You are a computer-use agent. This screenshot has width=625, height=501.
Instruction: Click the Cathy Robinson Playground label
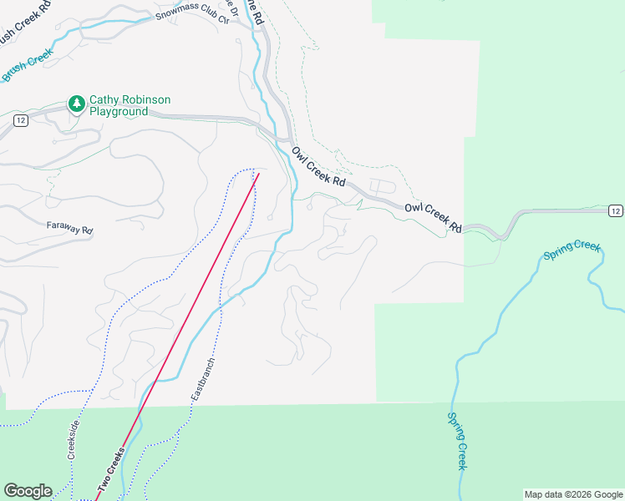tap(119, 104)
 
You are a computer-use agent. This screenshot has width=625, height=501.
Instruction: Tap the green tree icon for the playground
tap(77, 104)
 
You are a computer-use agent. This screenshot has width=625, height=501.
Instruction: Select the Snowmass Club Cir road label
tap(192, 16)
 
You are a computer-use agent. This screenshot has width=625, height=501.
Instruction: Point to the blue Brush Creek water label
tap(28, 64)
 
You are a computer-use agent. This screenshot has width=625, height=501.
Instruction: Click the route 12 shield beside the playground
tap(21, 121)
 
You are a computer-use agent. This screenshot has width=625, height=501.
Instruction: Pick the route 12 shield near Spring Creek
tap(615, 210)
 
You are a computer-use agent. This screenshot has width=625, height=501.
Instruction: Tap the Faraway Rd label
tap(69, 225)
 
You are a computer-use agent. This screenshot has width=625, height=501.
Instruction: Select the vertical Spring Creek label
tap(457, 441)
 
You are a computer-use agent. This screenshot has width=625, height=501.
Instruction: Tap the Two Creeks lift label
tap(110, 468)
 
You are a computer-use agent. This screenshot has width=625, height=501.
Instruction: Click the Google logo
tap(28, 491)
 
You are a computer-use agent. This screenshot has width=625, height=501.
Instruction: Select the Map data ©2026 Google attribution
tap(573, 494)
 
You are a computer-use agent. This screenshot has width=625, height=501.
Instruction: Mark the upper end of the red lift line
tap(258, 174)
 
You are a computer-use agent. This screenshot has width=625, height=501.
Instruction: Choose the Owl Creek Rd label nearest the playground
tap(318, 166)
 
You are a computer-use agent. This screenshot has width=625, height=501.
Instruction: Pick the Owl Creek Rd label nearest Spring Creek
tap(434, 215)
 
